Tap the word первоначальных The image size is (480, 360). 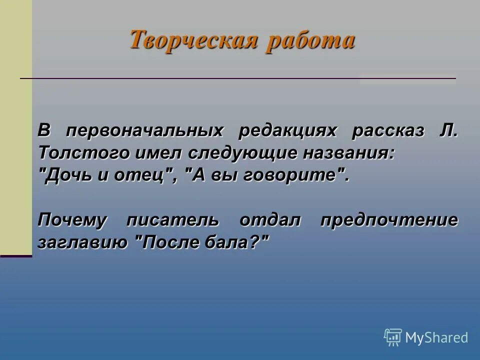click(144, 131)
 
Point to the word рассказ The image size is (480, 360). click(388, 131)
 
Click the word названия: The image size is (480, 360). click(348, 153)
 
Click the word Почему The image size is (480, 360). click(72, 220)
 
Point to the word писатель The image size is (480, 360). click(172, 220)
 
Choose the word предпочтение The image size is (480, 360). click(389, 220)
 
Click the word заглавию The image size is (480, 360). click(82, 243)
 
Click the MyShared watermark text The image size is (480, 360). click(436, 337)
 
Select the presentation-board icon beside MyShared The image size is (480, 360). click(393, 337)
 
